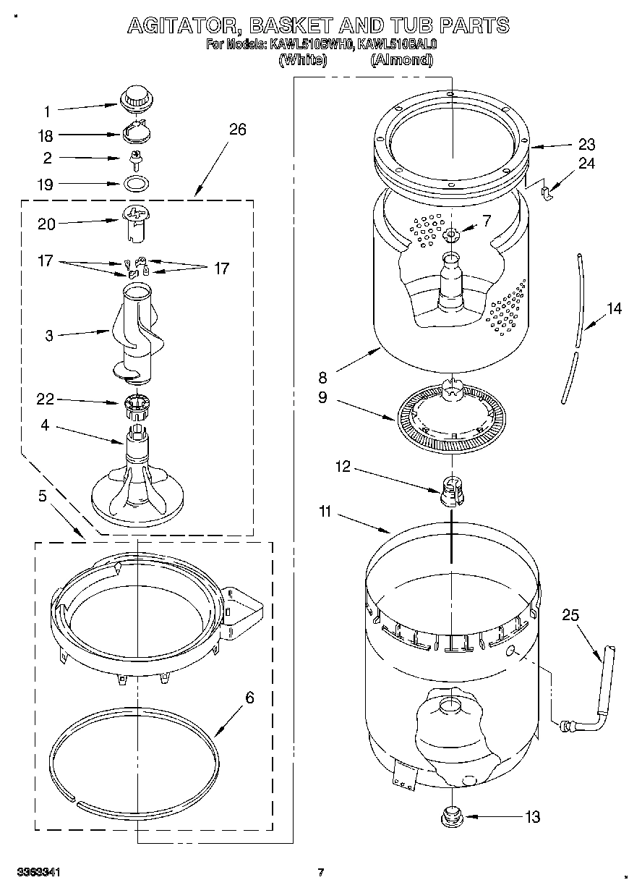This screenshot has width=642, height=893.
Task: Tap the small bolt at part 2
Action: [x=134, y=157]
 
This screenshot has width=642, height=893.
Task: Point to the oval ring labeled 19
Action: [x=135, y=182]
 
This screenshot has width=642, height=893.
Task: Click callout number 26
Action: [x=237, y=130]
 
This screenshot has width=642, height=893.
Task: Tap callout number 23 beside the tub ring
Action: [x=586, y=144]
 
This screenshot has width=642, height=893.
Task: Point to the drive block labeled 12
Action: [x=451, y=490]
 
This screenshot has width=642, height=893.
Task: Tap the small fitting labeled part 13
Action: [x=451, y=816]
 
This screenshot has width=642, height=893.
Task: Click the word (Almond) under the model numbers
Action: [x=401, y=61]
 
